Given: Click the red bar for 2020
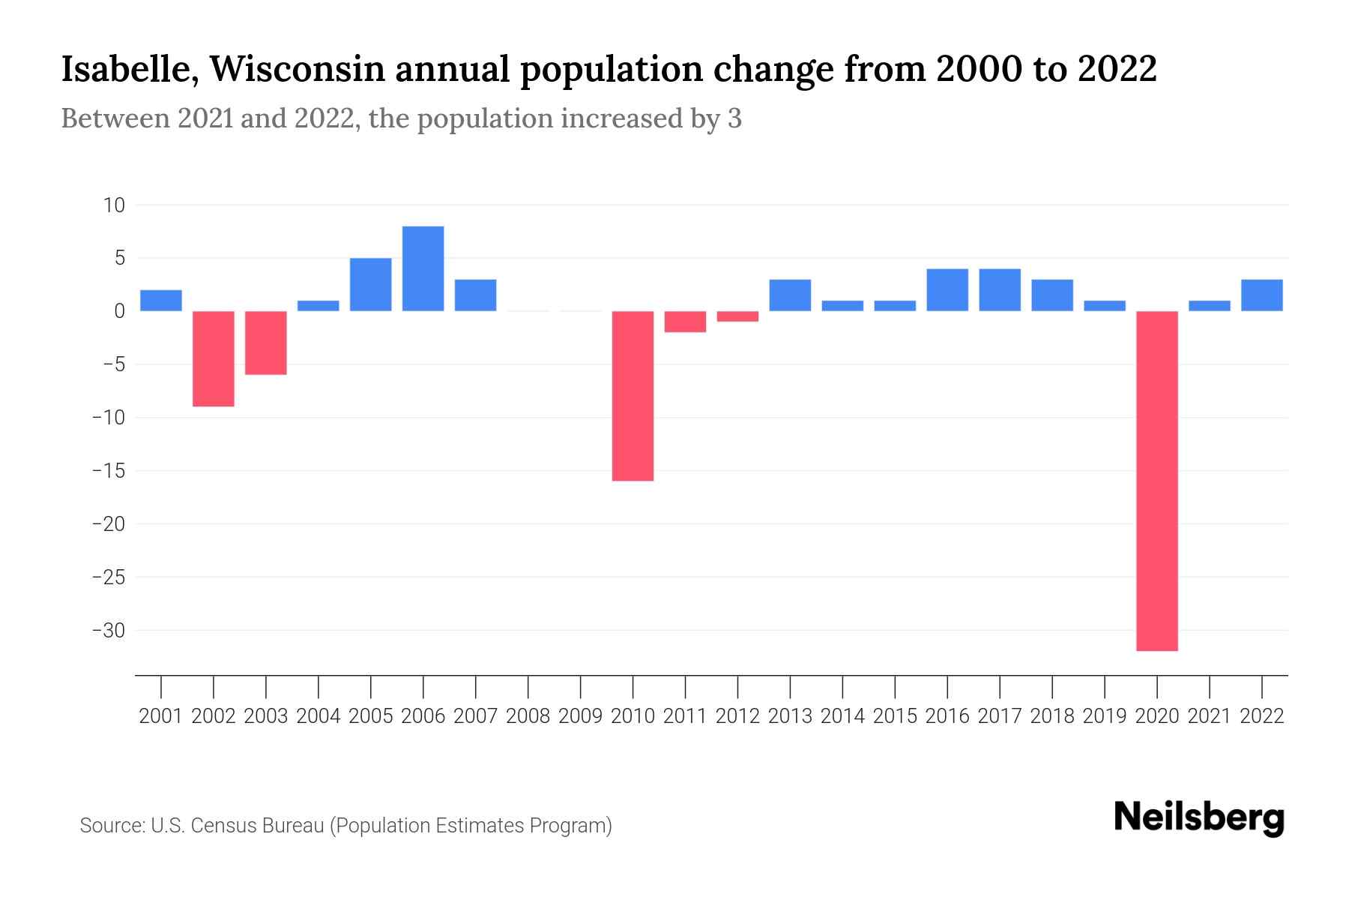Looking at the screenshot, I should (x=1157, y=481).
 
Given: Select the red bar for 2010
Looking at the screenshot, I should (x=633, y=396).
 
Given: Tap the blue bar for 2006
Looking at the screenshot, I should (x=423, y=268).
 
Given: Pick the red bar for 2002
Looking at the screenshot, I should (x=214, y=358).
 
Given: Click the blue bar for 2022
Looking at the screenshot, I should (x=1262, y=295).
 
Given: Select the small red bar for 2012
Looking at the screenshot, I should (x=737, y=316).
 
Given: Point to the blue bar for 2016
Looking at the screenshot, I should (x=947, y=289).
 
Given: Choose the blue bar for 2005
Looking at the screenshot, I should (x=370, y=284).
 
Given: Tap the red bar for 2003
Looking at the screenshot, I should (x=266, y=343).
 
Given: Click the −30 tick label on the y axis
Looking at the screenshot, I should (x=108, y=631).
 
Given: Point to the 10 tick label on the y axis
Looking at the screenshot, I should (x=114, y=205).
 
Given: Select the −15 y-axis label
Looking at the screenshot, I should (x=108, y=471).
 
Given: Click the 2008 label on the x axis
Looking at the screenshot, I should (x=528, y=716).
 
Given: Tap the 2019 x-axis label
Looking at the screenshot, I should (x=1105, y=716).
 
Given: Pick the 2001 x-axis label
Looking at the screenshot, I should (x=161, y=716).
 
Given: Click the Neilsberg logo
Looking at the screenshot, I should (x=1199, y=817).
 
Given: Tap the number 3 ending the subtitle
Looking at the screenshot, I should (x=734, y=118).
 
